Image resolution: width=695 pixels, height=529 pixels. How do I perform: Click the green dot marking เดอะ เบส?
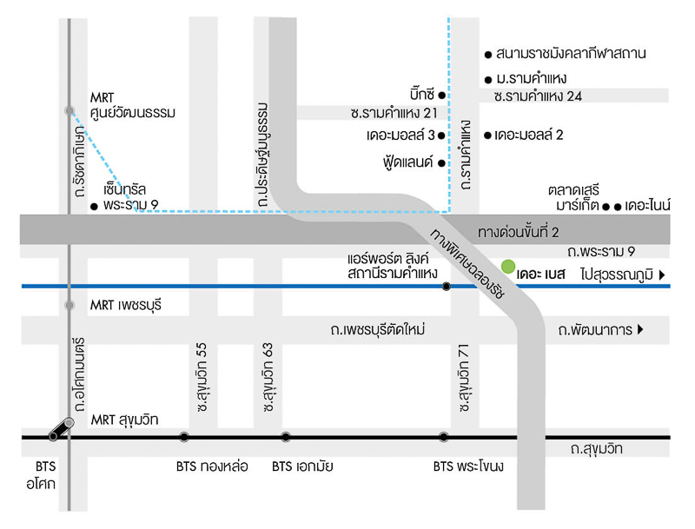click(508, 267)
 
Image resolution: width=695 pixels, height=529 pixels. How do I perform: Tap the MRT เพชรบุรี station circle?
click(69, 305)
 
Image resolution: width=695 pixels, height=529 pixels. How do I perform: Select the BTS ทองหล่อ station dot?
click(184, 437)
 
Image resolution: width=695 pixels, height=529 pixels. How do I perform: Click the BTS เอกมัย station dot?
click(286, 437)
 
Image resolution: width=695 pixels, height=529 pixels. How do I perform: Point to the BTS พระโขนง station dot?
click(443, 437)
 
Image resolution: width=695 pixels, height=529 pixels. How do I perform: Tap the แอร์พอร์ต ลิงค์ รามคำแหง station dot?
click(447, 286)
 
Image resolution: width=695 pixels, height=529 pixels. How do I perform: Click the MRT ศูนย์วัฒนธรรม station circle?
click(69, 110)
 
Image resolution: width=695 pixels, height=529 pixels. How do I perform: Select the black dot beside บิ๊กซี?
click(441, 95)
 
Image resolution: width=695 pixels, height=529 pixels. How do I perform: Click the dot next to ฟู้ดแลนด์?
click(441, 163)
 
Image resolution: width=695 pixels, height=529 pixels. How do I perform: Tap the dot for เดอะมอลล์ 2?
click(487, 136)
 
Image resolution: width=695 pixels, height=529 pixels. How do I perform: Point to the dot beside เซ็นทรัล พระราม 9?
click(94, 207)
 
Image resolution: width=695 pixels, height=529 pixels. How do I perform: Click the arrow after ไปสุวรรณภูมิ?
click(662, 274)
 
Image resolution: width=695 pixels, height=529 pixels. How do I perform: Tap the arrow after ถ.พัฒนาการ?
click(640, 329)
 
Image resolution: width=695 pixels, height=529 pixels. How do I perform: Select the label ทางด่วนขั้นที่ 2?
click(518, 232)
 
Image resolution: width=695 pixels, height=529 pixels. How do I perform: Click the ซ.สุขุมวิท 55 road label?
click(202, 377)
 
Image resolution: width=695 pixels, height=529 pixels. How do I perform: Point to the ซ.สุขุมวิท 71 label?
click(464, 378)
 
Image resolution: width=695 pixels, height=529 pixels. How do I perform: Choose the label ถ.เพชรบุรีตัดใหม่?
click(378, 329)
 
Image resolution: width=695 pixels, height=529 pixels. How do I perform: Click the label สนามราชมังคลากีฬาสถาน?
click(571, 54)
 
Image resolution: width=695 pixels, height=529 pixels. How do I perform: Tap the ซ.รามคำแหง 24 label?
click(538, 96)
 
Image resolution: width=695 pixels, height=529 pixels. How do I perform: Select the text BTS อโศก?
click(41, 475)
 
